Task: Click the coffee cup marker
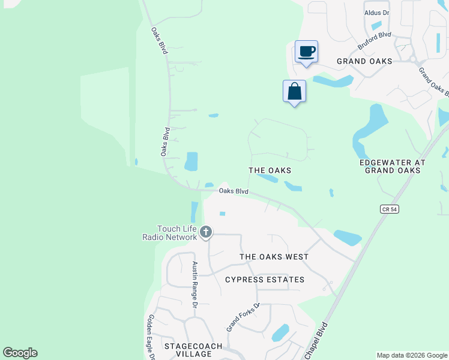306,52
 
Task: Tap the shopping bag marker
294,92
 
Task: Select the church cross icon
206,232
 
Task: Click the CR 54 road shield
390,209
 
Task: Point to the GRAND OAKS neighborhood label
364,61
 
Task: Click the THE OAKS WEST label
274,257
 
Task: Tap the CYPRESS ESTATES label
265,280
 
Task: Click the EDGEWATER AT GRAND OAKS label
392,166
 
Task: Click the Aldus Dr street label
377,13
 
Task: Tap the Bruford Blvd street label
374,41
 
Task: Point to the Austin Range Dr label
194,285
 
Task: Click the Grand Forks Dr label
243,317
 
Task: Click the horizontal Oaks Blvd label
234,191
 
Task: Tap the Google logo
20,353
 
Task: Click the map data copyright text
412,355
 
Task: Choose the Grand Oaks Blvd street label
434,82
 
